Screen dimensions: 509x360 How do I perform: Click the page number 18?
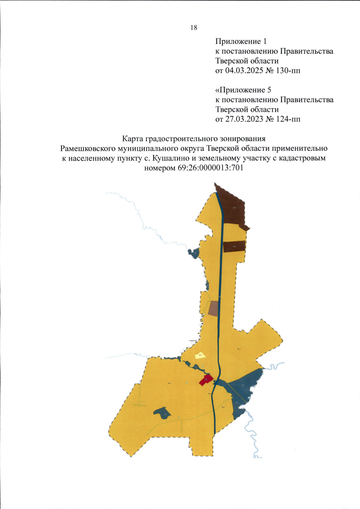coord(194,28)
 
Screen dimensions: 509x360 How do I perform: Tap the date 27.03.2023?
coord(243,119)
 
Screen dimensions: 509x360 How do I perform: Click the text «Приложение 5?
coord(243,90)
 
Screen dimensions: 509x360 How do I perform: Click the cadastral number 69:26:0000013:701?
coord(210,168)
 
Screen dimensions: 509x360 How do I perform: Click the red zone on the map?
coord(206,380)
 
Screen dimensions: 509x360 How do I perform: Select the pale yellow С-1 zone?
coord(200,356)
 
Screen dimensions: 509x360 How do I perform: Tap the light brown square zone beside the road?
coord(213,309)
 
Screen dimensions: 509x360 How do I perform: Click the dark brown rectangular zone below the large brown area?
coord(234,246)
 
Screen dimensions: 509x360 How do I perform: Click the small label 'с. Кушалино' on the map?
coord(193,341)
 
